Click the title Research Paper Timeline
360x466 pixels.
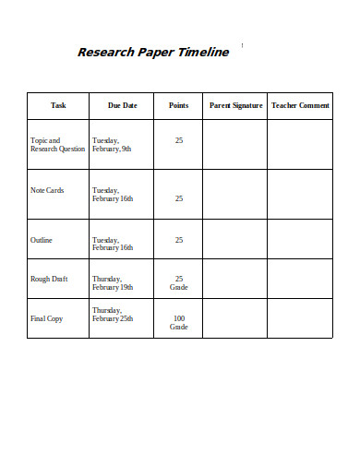click(152, 53)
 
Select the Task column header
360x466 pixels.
click(58, 105)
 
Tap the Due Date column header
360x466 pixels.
click(122, 105)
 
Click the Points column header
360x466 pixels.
click(178, 105)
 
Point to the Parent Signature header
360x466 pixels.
click(235, 105)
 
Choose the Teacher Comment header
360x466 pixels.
click(300, 105)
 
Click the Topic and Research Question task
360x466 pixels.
click(57, 144)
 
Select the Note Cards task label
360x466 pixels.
click(47, 190)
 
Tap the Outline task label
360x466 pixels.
click(42, 240)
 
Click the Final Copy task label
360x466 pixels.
click(46, 318)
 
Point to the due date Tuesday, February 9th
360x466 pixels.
click(112, 144)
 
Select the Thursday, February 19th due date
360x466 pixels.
click(114, 282)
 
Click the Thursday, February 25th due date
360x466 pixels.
click(114, 314)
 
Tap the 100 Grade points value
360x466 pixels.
click(178, 322)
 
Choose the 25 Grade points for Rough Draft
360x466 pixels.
click(178, 282)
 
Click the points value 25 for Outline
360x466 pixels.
click(178, 240)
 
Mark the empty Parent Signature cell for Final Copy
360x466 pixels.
click(235, 318)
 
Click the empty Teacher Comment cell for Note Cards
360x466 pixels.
click(300, 194)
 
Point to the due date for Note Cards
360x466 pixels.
click(113, 194)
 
